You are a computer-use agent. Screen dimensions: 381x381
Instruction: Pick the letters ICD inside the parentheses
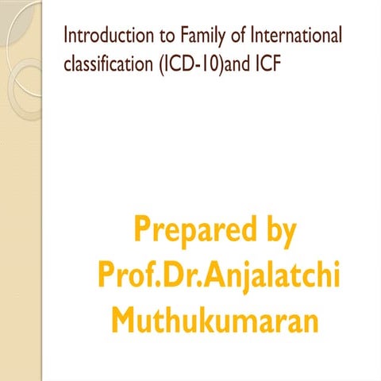pyautogui.click(x=174, y=63)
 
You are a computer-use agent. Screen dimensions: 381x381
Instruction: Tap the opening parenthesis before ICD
pyautogui.click(x=155, y=63)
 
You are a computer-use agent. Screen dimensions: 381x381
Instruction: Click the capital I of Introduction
pyautogui.click(x=66, y=36)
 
